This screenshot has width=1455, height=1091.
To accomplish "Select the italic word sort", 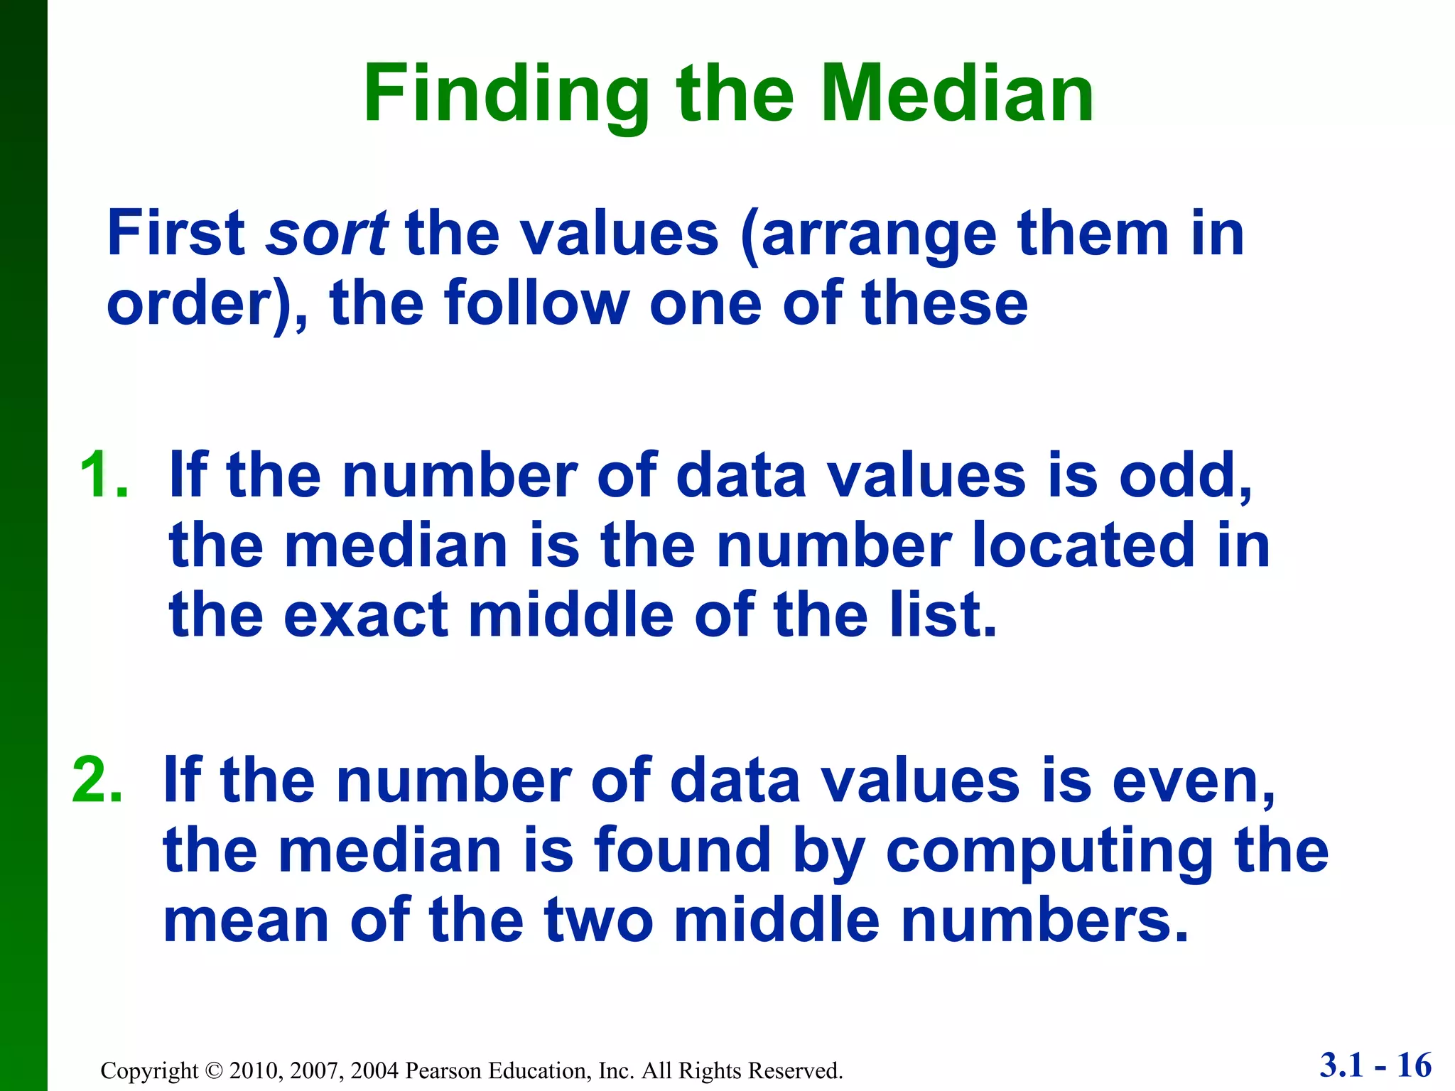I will coord(326,234).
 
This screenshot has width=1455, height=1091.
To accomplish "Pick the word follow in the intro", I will coord(537,303).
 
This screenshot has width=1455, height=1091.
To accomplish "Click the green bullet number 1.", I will coord(104,475).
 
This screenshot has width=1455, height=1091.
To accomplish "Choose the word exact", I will coord(366,614).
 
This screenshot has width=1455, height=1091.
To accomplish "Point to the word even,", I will coord(1194,781).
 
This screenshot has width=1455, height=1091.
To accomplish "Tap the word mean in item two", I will coord(247,920).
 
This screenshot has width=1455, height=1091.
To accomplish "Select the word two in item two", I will coord(598,920).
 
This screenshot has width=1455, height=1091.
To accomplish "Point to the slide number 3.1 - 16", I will coord(1375,1065).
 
